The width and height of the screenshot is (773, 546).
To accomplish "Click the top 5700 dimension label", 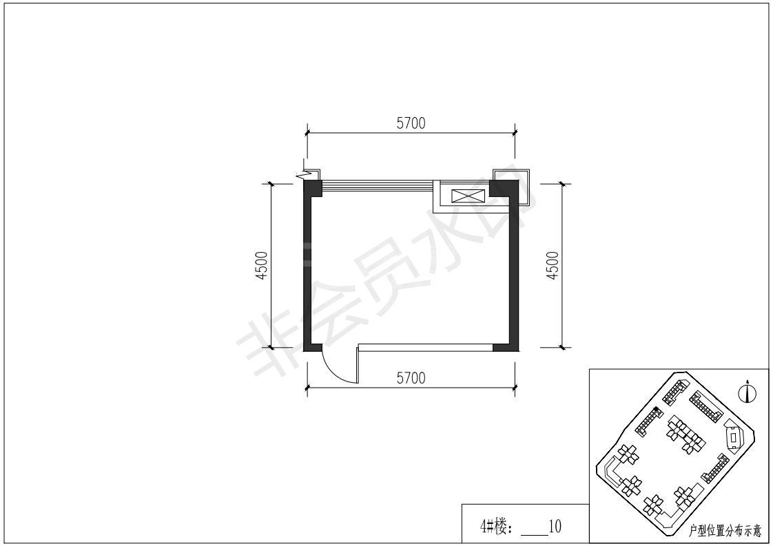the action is pyautogui.click(x=411, y=123).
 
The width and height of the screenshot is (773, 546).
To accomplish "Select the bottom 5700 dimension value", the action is pyautogui.click(x=411, y=378).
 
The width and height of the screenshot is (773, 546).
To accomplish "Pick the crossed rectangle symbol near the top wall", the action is pyautogui.click(x=468, y=196).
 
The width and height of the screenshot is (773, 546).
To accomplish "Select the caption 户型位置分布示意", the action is pyautogui.click(x=725, y=531).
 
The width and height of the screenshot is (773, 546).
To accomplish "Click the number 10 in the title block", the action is pyautogui.click(x=555, y=526).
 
